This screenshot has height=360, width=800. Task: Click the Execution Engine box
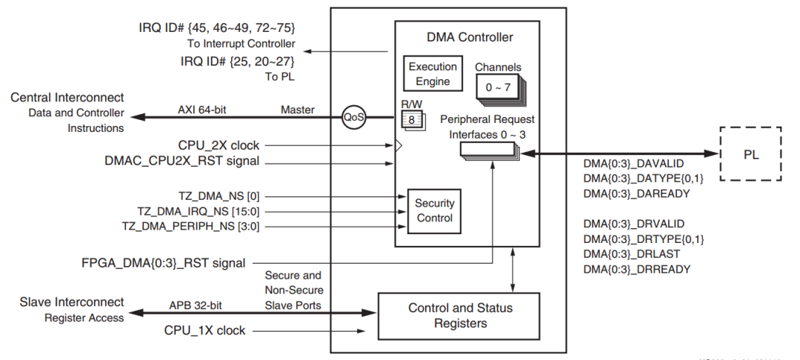[433, 73]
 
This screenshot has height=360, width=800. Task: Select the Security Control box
[435, 210]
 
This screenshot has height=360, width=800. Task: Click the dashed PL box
[750, 155]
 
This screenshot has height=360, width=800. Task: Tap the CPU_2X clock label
[219, 145]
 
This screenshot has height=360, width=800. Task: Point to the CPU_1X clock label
[204, 330]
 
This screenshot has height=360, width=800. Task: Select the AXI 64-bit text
[201, 110]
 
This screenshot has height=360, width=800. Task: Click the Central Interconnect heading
[67, 98]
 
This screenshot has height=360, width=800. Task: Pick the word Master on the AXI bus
[298, 110]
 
